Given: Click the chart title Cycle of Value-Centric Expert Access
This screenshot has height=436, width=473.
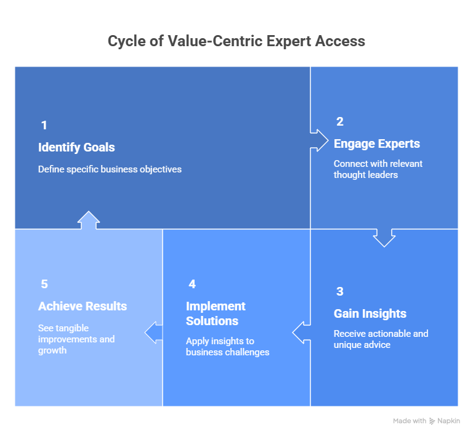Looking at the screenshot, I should pos(236,41).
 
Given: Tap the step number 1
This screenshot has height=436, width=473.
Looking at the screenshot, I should pos(44,126).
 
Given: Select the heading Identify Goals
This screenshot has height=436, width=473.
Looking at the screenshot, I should pos(76,148).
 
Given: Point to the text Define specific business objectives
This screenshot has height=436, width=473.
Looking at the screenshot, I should pos(110,169).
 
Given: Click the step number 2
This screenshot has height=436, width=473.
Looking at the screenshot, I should pos(339,122).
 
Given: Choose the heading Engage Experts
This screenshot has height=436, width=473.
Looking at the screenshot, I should pos(376,144).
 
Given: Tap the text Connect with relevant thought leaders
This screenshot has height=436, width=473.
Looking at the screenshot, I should pos(378,169).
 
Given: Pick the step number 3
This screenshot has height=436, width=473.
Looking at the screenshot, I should pos(339,292).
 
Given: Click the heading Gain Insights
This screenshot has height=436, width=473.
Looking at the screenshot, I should pos(370,314).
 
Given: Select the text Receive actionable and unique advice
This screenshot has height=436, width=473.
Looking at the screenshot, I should pos(381,339).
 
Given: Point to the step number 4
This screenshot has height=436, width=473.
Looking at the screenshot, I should pos(192,285).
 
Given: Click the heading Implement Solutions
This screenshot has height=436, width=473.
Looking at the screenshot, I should pos(216,313).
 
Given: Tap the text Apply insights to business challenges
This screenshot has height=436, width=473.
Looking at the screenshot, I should pos(227,347).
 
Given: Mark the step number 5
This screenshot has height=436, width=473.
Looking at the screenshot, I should pos(44,285).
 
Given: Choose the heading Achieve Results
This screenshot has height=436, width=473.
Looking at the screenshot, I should pos(83,307).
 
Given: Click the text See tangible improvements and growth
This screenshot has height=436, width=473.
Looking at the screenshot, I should pos(76,339).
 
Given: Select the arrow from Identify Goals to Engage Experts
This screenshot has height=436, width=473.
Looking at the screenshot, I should pos(320,140).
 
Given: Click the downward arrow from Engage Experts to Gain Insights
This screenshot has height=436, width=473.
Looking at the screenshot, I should pos(384,237).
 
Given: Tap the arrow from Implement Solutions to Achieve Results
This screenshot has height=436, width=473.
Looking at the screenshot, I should pos(154,332).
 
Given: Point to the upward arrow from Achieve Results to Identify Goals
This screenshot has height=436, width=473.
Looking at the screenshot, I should pos(89,220).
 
